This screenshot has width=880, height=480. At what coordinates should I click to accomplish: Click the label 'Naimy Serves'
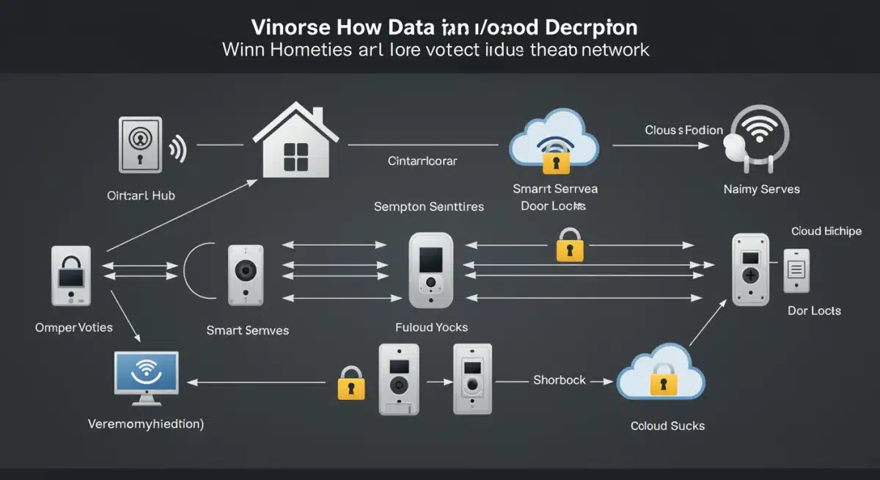(761, 189)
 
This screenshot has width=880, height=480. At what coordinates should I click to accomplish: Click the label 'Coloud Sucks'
(667, 426)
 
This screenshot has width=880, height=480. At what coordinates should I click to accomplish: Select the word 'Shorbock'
(560, 380)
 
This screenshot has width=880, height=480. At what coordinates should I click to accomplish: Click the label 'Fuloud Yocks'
(431, 327)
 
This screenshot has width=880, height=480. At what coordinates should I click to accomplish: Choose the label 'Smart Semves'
(247, 330)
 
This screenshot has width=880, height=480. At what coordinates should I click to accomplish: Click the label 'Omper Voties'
(73, 327)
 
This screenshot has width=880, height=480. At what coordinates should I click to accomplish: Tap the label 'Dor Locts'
(814, 310)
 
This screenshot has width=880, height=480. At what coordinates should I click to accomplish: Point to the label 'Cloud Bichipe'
(826, 231)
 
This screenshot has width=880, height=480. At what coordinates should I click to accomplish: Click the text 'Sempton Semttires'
(429, 206)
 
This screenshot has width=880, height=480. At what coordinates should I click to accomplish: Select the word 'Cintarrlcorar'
(422, 161)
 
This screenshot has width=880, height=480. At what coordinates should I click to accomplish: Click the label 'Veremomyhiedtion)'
(146, 423)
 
